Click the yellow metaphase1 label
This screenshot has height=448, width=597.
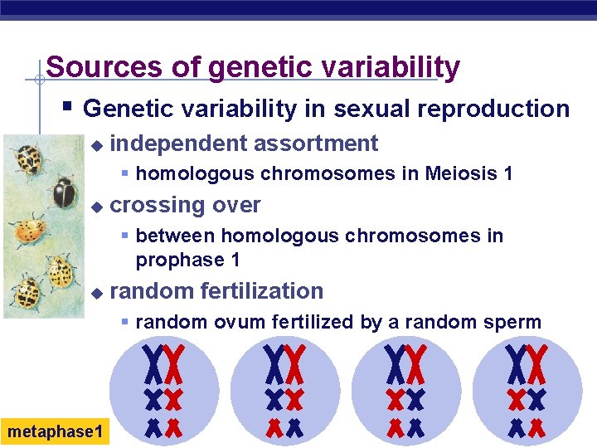55,432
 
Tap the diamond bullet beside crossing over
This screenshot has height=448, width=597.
96,206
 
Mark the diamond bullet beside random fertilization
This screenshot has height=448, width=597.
96,292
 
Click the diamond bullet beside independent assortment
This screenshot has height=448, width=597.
96,144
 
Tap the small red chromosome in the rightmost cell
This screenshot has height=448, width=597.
538,428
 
